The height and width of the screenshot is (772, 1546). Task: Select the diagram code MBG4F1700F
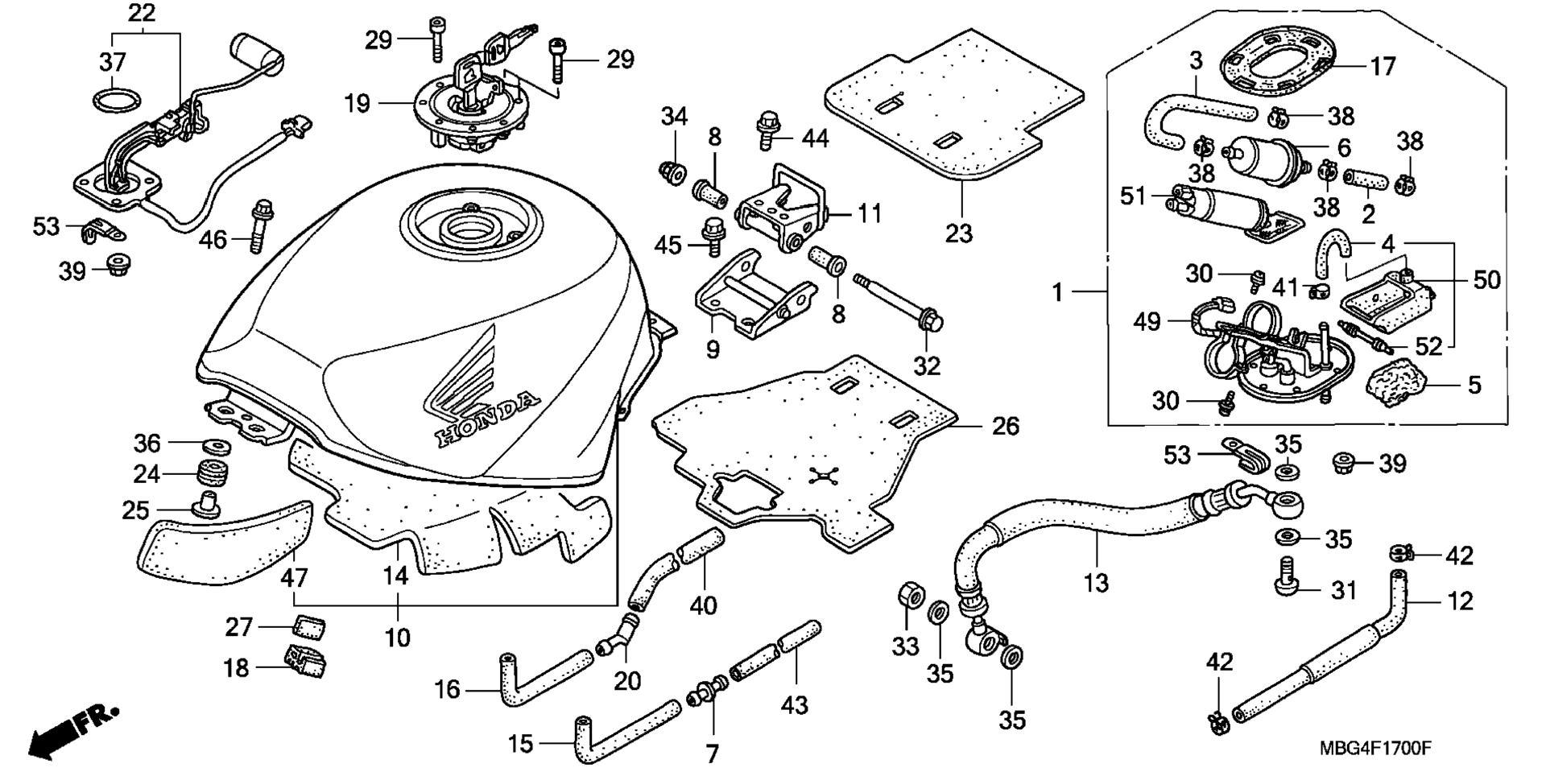coord(1374,749)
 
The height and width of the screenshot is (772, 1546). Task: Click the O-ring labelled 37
coord(117,103)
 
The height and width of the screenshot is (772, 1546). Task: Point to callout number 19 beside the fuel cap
coord(357,103)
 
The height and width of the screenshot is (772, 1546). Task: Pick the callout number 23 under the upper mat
coord(959,233)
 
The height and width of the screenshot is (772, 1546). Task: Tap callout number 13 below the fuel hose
coord(1096,582)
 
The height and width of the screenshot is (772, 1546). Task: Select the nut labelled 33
coord(909,597)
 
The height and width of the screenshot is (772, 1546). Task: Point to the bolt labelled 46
coord(259,225)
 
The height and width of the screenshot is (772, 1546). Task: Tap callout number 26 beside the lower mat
coord(1006,426)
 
